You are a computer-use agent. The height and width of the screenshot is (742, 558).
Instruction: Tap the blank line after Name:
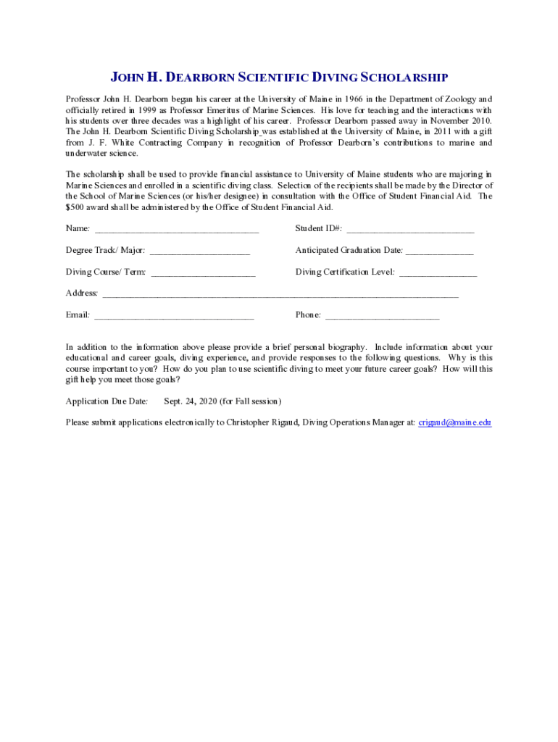176,230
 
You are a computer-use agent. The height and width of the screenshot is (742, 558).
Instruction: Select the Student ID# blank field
410,230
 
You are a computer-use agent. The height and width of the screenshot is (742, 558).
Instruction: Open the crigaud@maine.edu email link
455,422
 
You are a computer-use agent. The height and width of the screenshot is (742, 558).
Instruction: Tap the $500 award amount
75,207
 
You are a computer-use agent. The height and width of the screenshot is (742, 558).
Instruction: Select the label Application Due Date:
107,401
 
